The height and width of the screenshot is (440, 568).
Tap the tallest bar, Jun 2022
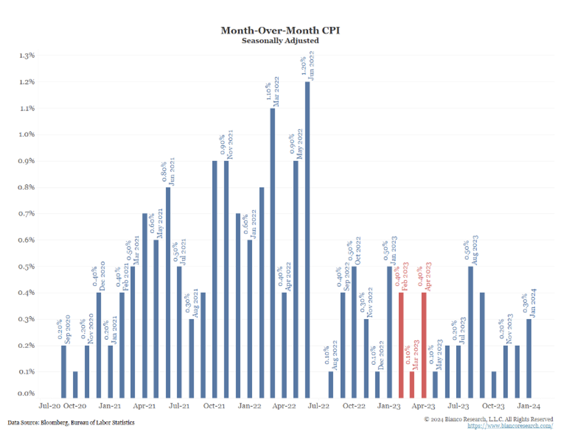[307, 237]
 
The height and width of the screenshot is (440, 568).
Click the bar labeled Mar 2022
[272, 252]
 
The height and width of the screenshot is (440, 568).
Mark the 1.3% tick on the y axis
[28, 56]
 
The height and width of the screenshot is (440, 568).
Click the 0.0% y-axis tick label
[28, 394]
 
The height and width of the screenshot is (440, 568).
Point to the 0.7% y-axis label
[28, 214]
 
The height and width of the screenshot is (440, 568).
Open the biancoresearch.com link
[510, 426]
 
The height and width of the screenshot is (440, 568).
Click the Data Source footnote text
[71, 423]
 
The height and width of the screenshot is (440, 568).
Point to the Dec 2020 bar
[99, 344]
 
